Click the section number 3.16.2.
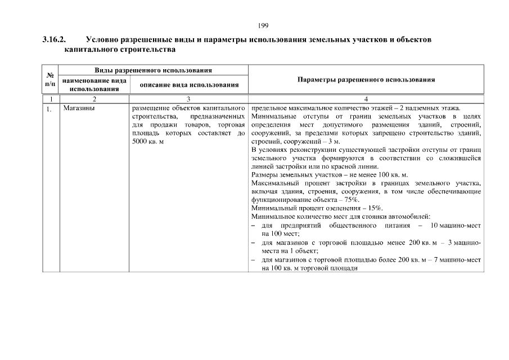tap(54, 40)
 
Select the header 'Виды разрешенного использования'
tap(153, 70)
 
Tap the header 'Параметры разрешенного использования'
tap(366, 80)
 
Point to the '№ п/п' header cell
tap(50, 80)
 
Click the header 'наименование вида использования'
tap(94, 84)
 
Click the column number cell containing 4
tap(366, 98)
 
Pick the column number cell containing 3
tap(188, 98)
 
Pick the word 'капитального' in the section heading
tap(91, 50)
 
